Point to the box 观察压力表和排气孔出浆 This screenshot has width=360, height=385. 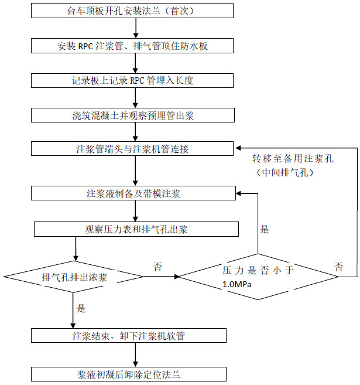pyautogui.click(x=136, y=229)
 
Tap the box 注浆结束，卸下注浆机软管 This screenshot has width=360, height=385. pyautogui.click(x=129, y=336)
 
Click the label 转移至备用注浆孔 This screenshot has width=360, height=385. pyautogui.click(x=293, y=159)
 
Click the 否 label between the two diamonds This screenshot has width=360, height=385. pyautogui.click(x=157, y=267)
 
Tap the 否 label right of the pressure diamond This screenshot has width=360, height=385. pyautogui.click(x=339, y=267)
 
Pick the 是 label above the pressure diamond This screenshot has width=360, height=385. pyautogui.click(x=265, y=230)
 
